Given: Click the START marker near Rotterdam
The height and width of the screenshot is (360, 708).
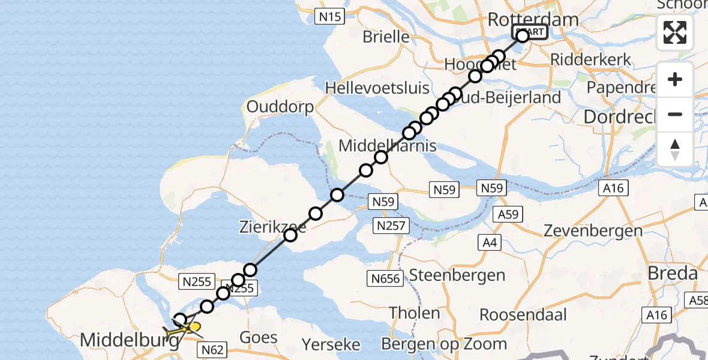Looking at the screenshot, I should coord(529,32).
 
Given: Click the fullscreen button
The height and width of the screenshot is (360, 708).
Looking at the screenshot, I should coord(675,32).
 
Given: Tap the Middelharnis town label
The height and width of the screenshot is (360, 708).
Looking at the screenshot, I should coord(379,145).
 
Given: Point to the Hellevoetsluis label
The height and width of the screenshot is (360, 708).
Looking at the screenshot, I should coord(377,88).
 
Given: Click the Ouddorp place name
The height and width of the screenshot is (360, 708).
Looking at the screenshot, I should coord(280,107).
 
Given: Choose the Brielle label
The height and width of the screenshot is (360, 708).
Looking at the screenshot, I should coord(386,37).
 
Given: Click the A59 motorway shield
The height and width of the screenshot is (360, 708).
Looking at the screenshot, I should coord(508,214).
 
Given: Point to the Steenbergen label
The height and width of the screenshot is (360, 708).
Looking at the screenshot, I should coord(457,275).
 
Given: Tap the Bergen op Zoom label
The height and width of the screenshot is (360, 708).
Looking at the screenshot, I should coord(445,344).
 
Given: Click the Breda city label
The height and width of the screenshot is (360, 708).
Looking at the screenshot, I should coord(672,274).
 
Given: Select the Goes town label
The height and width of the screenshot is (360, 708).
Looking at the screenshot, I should coord(259,337).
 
